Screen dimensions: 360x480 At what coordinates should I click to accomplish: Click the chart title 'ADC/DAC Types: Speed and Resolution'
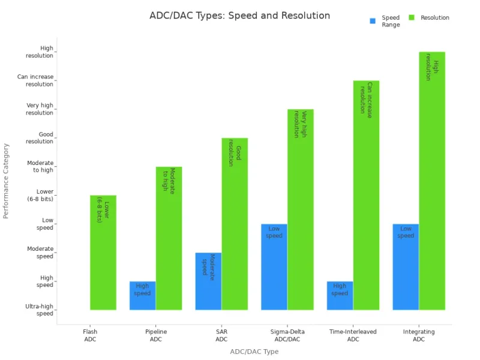(x=239, y=16)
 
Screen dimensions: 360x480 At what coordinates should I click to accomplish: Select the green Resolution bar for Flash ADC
(x=103, y=252)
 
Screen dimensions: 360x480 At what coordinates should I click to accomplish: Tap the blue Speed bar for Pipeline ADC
(x=143, y=295)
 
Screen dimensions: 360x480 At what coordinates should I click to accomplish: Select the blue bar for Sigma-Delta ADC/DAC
(x=274, y=266)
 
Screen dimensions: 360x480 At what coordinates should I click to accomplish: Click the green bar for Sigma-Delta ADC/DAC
(x=301, y=209)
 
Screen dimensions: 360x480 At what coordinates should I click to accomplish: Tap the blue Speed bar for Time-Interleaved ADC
(x=340, y=295)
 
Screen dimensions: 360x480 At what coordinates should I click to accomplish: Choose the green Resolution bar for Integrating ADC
(x=432, y=181)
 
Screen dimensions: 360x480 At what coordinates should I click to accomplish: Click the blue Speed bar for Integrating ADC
(x=406, y=266)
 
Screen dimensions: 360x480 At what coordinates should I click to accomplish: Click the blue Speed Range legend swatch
(x=373, y=20)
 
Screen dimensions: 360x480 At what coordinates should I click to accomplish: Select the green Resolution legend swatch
(x=412, y=18)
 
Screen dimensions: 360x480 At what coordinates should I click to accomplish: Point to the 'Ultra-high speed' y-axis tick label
(x=40, y=310)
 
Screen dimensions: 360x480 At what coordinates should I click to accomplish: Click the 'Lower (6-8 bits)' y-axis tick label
(x=40, y=195)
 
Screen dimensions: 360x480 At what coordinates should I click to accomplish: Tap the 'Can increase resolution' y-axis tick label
(x=35, y=80)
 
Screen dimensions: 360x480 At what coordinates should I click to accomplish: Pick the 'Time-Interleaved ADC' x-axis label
(x=353, y=335)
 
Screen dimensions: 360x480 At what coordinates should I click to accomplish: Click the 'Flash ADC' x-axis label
(x=90, y=335)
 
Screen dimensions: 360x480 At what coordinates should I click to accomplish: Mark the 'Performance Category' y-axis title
(x=7, y=181)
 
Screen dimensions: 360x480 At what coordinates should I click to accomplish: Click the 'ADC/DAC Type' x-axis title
(x=254, y=352)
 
